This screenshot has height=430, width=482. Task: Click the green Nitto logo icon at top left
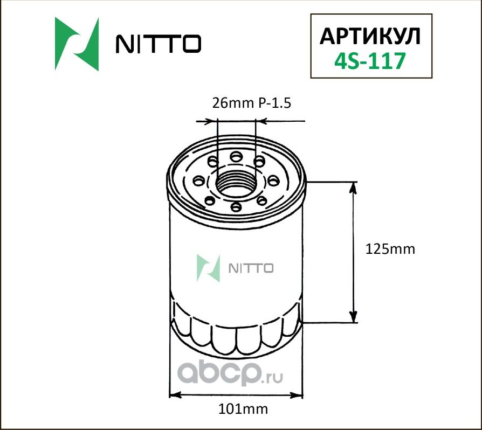point(77,44)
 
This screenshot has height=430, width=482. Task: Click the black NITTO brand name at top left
point(159,45)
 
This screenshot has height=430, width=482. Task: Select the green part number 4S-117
point(370,61)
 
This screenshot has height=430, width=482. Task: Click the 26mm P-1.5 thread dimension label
point(252,103)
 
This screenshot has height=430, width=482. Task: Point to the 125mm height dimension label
point(390,249)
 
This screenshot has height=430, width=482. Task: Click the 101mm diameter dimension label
point(243,408)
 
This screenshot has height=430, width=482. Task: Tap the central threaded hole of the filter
point(235,183)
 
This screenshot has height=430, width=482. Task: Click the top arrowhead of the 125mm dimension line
point(354,186)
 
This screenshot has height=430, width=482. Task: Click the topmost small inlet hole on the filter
point(236,157)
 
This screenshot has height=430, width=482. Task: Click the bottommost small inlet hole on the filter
point(235,206)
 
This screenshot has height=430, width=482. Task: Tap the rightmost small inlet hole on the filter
point(272,179)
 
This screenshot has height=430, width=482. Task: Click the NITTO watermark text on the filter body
point(252,268)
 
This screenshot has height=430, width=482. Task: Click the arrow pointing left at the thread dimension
point(261,122)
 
